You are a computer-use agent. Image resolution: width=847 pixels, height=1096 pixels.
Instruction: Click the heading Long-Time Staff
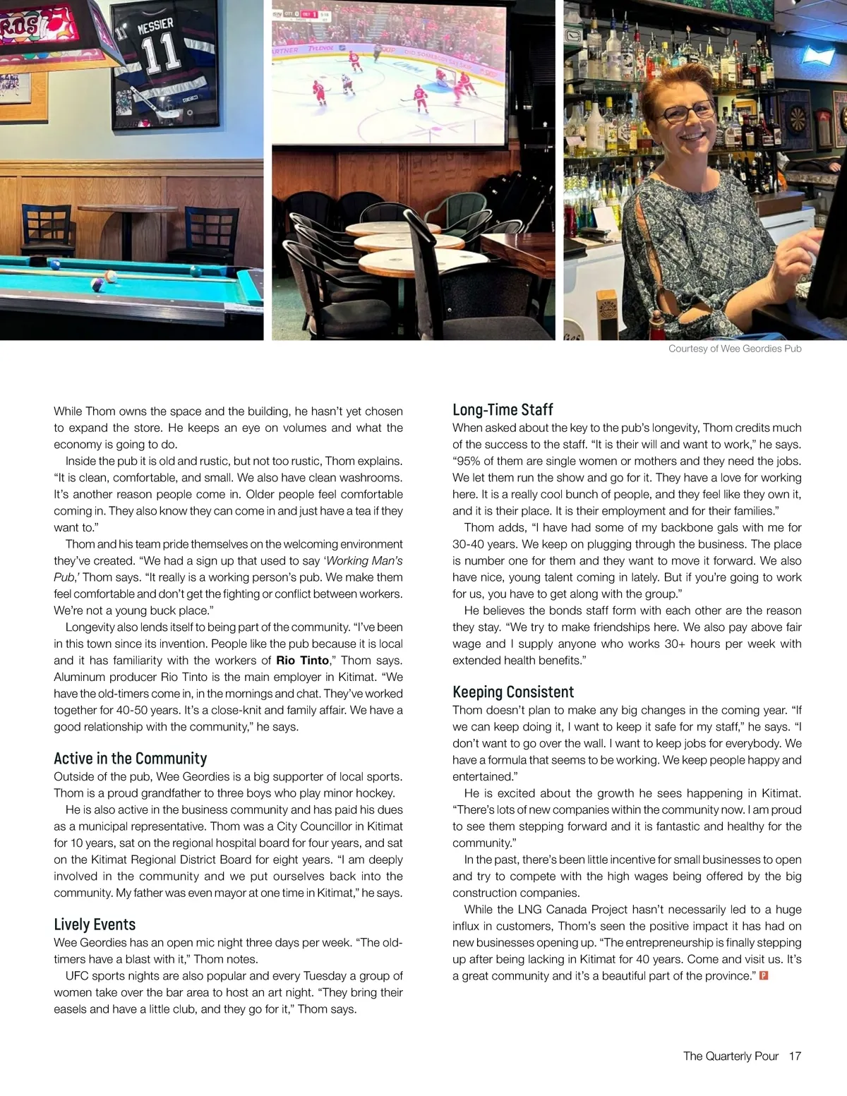pos(503,410)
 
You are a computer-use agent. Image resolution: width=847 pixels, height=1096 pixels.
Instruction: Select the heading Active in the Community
pos(130,759)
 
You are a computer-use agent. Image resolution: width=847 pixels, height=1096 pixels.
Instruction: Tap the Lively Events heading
pos(95,925)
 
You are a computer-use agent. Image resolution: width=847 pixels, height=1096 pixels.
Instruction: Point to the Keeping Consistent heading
pos(513,692)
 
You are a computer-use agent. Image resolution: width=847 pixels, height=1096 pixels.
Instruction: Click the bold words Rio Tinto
pos(302,661)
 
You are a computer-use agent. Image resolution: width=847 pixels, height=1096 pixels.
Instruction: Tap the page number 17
pos(795,1056)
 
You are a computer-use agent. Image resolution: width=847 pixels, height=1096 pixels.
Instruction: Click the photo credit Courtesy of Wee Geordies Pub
pos(735,349)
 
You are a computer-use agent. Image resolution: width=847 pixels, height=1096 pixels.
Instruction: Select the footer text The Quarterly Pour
pos(731,1056)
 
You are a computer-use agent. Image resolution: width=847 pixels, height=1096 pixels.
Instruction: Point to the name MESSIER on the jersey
pos(155,27)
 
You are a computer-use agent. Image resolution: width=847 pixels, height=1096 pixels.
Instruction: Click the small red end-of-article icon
pos(763,975)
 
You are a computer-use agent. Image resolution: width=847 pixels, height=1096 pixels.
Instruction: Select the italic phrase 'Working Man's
pos(363,561)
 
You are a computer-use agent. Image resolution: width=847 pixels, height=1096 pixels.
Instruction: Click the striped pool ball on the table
pos(99,285)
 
